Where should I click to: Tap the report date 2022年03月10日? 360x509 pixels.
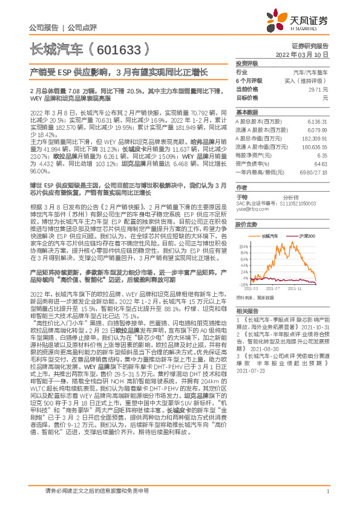306,54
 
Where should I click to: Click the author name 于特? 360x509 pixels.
241,197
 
